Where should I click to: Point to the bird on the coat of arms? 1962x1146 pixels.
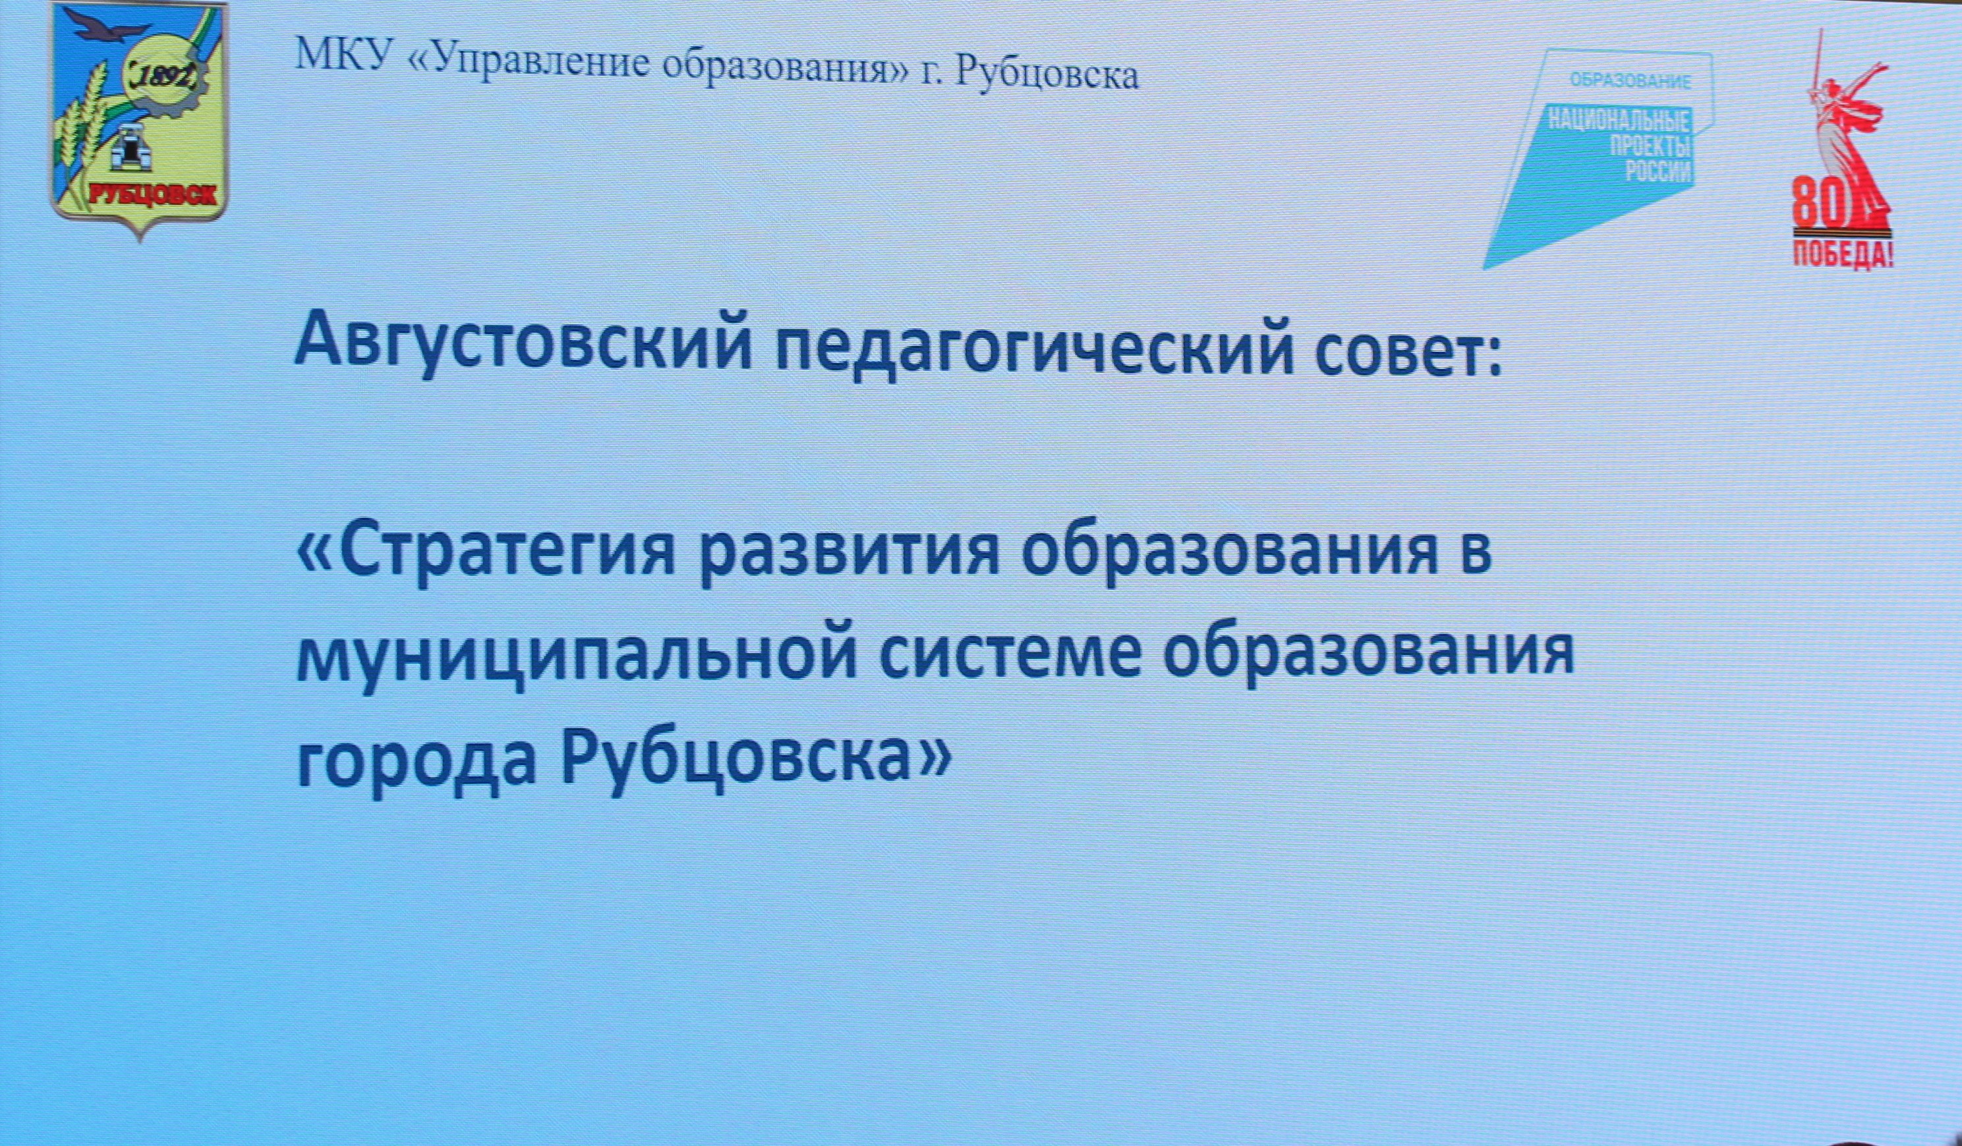(x=109, y=31)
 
